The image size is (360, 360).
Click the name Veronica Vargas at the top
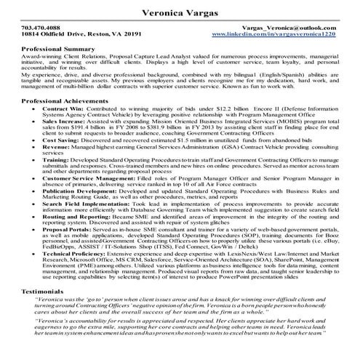pos(180,9)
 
